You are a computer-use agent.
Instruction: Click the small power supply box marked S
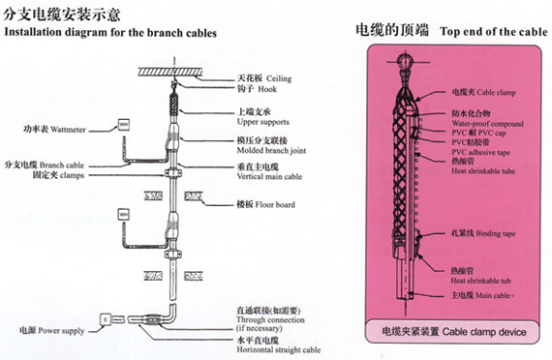tap(105, 318)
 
